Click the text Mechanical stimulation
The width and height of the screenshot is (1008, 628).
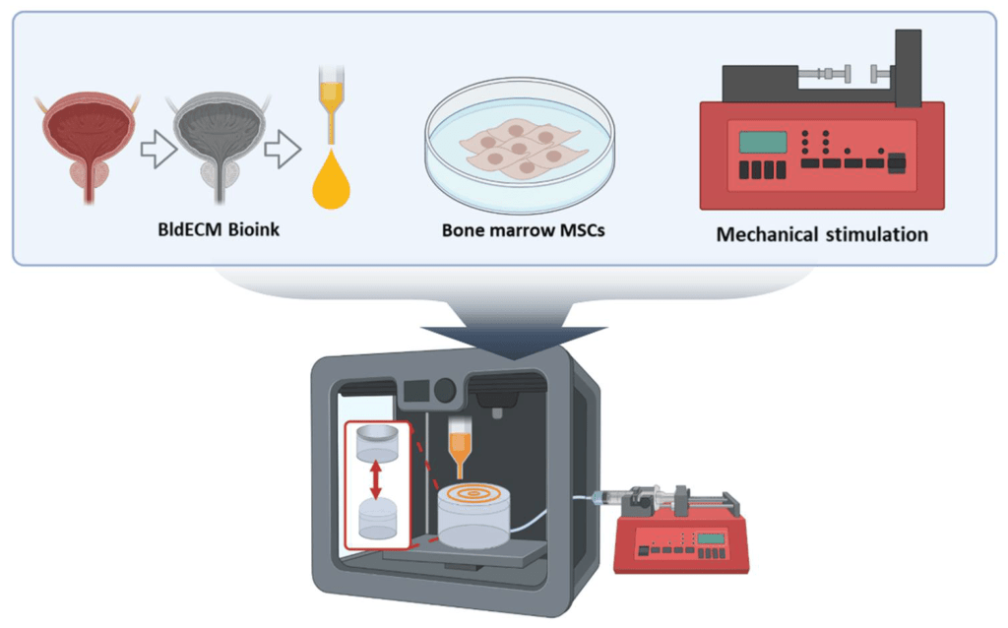pos(822,235)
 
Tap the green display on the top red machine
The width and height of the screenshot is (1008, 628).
pos(763,142)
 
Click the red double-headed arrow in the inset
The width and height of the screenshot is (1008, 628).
pos(376,483)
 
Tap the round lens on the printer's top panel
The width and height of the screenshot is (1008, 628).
pos(447,391)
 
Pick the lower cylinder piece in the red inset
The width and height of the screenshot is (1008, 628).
pos(377,519)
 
